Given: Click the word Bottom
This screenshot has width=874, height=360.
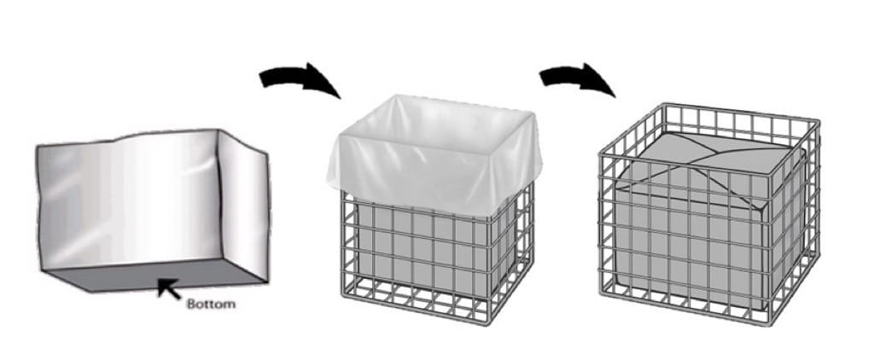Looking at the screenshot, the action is coord(211,305).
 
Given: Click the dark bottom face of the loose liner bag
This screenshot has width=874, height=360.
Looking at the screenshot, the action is coord(154,276).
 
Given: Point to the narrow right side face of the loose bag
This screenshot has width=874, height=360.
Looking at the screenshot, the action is coord(243,203).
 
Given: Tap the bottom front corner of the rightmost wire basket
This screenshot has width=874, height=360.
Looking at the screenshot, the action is coord(771,323).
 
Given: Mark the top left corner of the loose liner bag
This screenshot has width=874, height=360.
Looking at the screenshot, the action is coord(38,147).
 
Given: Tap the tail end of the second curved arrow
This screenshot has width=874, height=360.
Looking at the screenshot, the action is coord(540,78).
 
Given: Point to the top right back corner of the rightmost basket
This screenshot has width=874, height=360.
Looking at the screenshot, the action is coord(817,119).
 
